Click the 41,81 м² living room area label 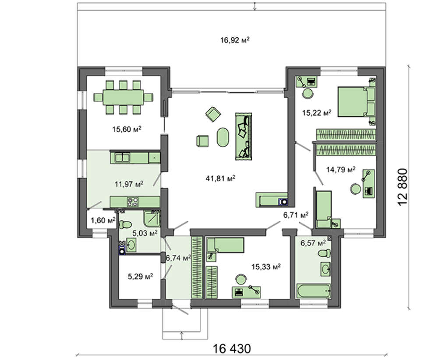click(220, 178)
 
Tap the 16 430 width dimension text click(232, 349)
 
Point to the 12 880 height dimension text click(403, 187)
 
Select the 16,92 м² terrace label click(235, 40)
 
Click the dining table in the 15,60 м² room click(123, 97)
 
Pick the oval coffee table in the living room click(223, 137)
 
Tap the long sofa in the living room click(244, 137)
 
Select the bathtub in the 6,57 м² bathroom click(314, 291)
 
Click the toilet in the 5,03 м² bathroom click(125, 224)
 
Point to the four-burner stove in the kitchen click(133, 202)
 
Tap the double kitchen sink click(123, 158)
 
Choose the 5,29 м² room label click(140, 276)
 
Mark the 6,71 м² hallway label click(296, 215)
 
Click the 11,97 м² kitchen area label click(129, 184)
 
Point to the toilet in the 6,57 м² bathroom click(325, 254)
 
